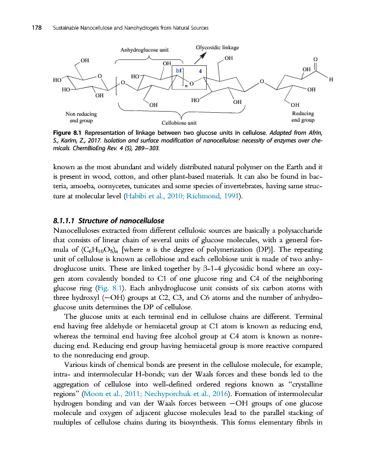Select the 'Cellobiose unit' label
[x=179, y=122]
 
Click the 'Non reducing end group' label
[x=75, y=116]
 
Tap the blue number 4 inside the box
[x=200, y=71]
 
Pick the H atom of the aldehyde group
[x=330, y=79]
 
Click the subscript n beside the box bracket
[x=185, y=87]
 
